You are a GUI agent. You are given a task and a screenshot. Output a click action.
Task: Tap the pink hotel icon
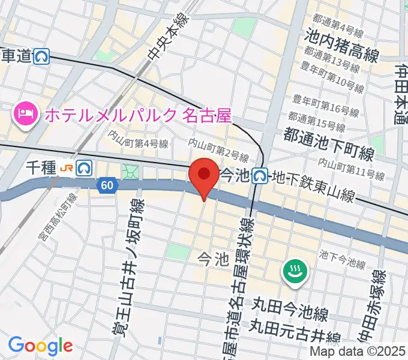click(25, 112)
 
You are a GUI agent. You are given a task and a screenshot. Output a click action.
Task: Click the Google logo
click(40, 346)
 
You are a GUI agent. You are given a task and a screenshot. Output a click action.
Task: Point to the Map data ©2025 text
click(358, 352)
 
